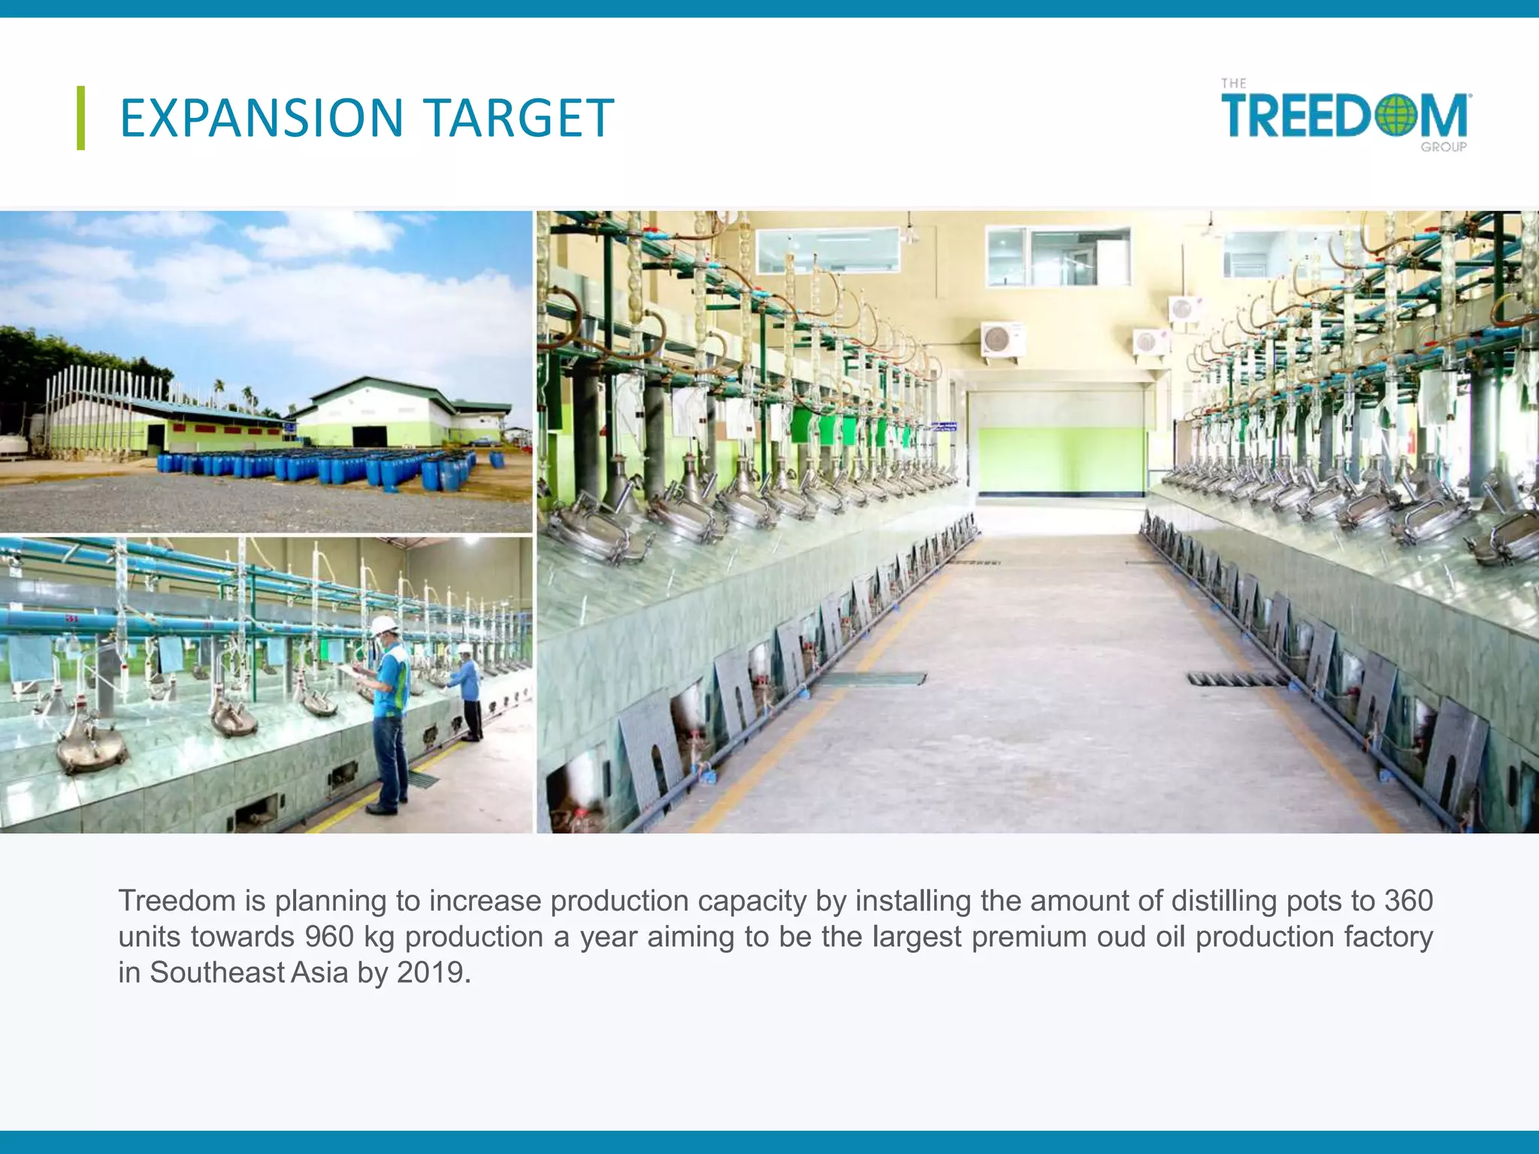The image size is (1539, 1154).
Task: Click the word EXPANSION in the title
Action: [262, 119]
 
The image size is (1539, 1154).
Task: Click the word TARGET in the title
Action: [519, 119]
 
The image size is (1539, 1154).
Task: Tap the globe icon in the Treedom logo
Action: [1395, 116]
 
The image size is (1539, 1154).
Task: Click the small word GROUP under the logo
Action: [1443, 147]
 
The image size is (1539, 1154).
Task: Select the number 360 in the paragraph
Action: [1408, 901]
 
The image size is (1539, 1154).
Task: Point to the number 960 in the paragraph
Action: [329, 937]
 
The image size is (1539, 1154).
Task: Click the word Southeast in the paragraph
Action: [217, 973]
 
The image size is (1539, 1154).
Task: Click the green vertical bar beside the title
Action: [80, 118]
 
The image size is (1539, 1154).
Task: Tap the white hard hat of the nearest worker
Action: [384, 624]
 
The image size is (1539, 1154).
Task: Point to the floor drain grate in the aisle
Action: [1236, 679]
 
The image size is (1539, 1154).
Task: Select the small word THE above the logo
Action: [1233, 83]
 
